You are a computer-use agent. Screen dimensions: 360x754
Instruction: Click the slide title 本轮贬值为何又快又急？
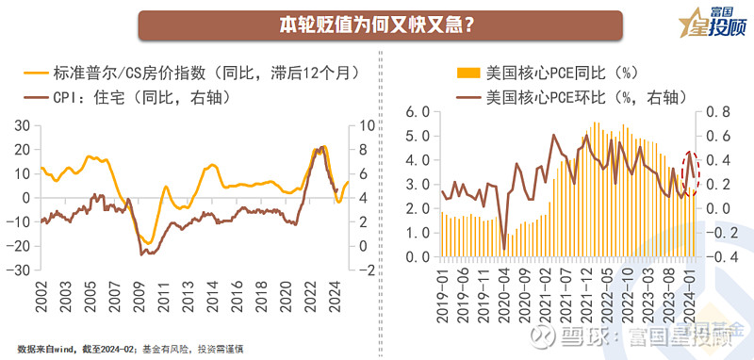[377, 25]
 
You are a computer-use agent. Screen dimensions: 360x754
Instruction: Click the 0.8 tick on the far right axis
[717, 111]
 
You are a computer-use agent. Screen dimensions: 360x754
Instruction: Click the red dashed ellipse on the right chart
[691, 173]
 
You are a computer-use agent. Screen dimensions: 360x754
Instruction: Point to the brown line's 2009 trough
[142, 254]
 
